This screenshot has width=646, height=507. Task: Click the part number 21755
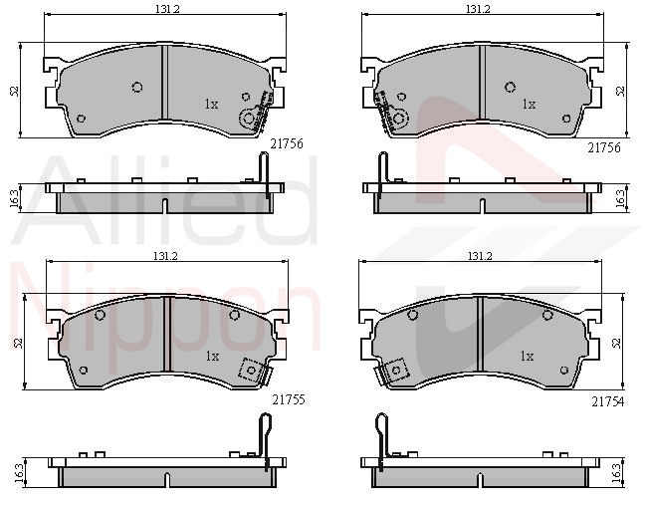click(x=289, y=399)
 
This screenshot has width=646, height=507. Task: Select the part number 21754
click(x=608, y=401)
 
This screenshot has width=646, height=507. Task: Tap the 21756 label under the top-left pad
click(x=287, y=143)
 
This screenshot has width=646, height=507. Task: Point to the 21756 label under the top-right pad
click(x=604, y=147)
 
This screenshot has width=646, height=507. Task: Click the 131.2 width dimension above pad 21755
click(x=165, y=256)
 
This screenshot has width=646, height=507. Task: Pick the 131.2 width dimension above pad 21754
click(x=480, y=256)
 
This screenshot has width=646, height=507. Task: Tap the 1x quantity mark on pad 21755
click(x=212, y=356)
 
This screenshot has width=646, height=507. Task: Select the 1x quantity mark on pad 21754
click(x=527, y=356)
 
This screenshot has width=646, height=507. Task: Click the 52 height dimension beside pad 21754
click(x=616, y=343)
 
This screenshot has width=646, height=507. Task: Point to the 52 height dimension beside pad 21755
click(x=18, y=343)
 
